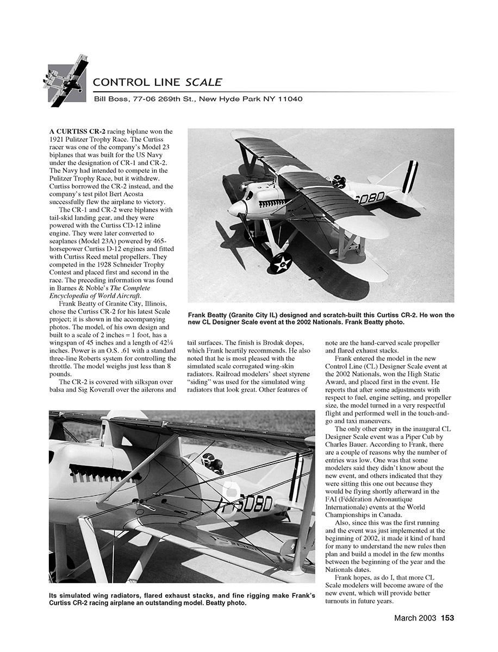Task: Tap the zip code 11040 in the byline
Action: tap(289, 99)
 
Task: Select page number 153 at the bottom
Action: tap(447, 618)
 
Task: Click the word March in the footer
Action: tap(404, 618)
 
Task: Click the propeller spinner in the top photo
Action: tap(236, 209)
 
